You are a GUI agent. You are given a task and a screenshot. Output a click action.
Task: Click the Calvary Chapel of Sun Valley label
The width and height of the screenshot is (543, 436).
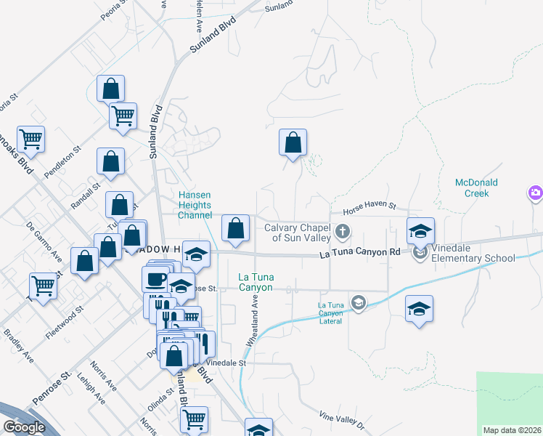pyautogui.click(x=298, y=233)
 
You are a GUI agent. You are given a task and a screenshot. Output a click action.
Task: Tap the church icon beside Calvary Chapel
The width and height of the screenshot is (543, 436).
pyautogui.click(x=343, y=233)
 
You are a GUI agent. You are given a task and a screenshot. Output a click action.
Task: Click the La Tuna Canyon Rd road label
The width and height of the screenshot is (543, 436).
pyautogui.click(x=361, y=253)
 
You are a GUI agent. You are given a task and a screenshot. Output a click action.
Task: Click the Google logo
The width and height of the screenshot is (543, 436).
pyautogui.click(x=24, y=427)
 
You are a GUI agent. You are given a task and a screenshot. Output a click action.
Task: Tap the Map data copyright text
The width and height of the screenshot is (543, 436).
pyautogui.click(x=513, y=430)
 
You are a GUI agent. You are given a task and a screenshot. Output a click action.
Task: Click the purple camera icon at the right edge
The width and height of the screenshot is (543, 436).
pyautogui.click(x=535, y=193)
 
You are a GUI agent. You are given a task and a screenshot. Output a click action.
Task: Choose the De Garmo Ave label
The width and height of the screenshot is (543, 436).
pyautogui.click(x=44, y=243)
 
